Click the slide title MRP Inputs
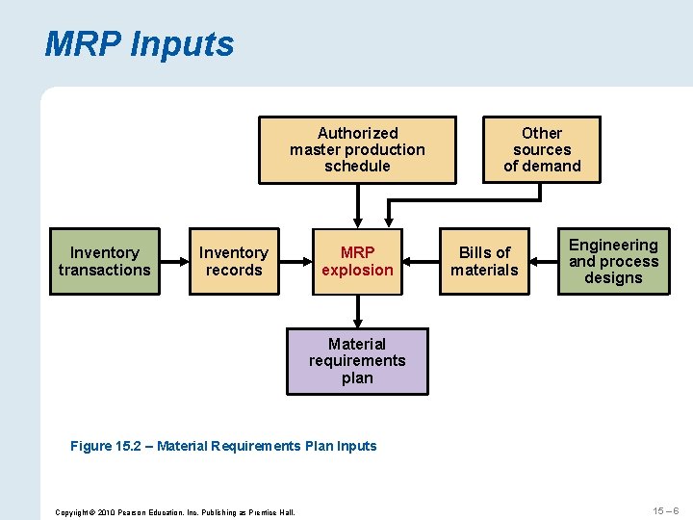tap(140, 44)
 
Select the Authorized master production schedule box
tap(357, 149)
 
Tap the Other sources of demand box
tap(542, 149)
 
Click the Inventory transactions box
tap(104, 262)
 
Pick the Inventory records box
tap(233, 262)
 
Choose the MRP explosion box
tap(357, 262)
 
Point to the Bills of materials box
tap(484, 262)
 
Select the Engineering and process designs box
tap(613, 262)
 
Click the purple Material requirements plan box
tap(357, 361)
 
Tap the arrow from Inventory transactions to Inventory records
tap(174, 262)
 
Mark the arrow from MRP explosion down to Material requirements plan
tap(357, 310)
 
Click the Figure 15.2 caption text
tap(223, 446)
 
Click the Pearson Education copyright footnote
tap(175, 511)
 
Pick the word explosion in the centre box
tap(357, 271)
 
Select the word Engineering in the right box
tap(613, 246)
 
